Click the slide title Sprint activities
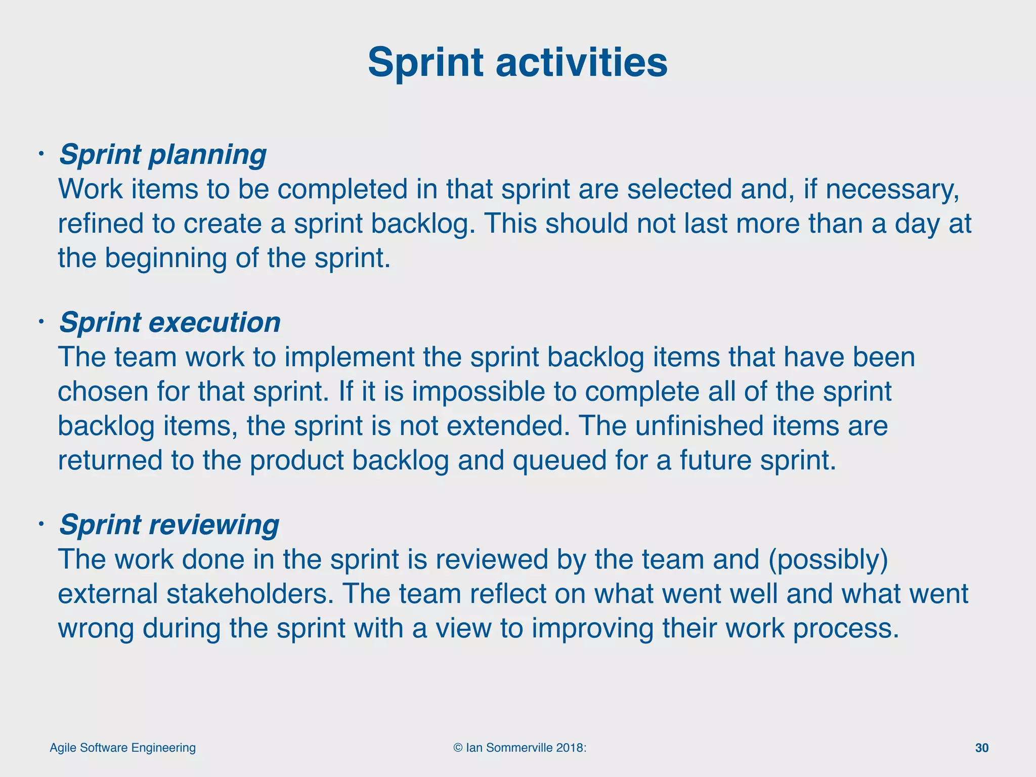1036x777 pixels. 517,63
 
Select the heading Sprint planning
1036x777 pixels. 163,155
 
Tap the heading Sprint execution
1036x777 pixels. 170,323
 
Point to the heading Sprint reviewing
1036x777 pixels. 169,525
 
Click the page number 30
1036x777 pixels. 981,748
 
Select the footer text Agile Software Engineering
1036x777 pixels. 122,748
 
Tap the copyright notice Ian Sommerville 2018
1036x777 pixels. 520,748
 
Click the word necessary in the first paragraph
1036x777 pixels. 892,190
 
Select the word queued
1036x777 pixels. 559,461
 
